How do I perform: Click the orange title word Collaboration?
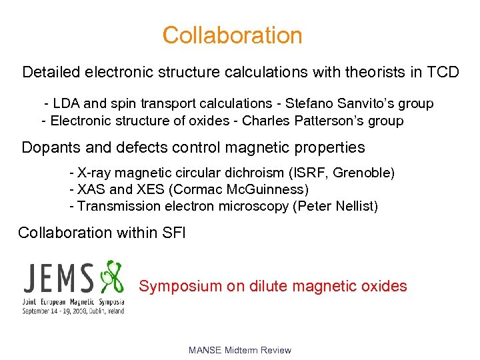click(x=232, y=35)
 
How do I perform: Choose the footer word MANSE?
click(x=205, y=350)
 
